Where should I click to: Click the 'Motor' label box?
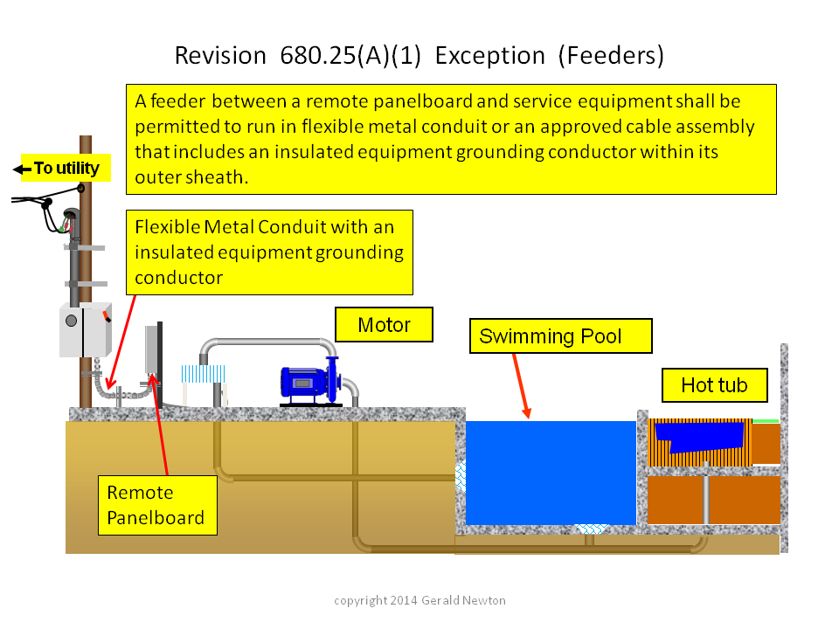click(x=384, y=324)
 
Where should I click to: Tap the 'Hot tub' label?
click(x=714, y=385)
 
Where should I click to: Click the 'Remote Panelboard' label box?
click(x=157, y=505)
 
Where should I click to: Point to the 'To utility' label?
click(x=66, y=168)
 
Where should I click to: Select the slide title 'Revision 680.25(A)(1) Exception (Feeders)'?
click(x=419, y=56)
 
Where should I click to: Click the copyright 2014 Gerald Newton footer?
click(x=419, y=600)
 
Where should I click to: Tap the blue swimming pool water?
click(x=551, y=473)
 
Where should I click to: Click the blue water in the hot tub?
click(x=699, y=438)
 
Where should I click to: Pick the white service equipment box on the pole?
click(x=85, y=330)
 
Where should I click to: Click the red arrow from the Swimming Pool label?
click(x=521, y=385)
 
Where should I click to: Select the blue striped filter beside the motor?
click(x=203, y=373)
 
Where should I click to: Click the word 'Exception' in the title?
click(x=489, y=56)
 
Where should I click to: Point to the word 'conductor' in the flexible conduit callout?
click(x=178, y=278)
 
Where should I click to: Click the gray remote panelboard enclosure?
click(x=152, y=349)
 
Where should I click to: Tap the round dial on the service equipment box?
click(x=71, y=321)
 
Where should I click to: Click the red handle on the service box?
click(x=107, y=315)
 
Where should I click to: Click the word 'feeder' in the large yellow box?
click(x=177, y=101)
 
